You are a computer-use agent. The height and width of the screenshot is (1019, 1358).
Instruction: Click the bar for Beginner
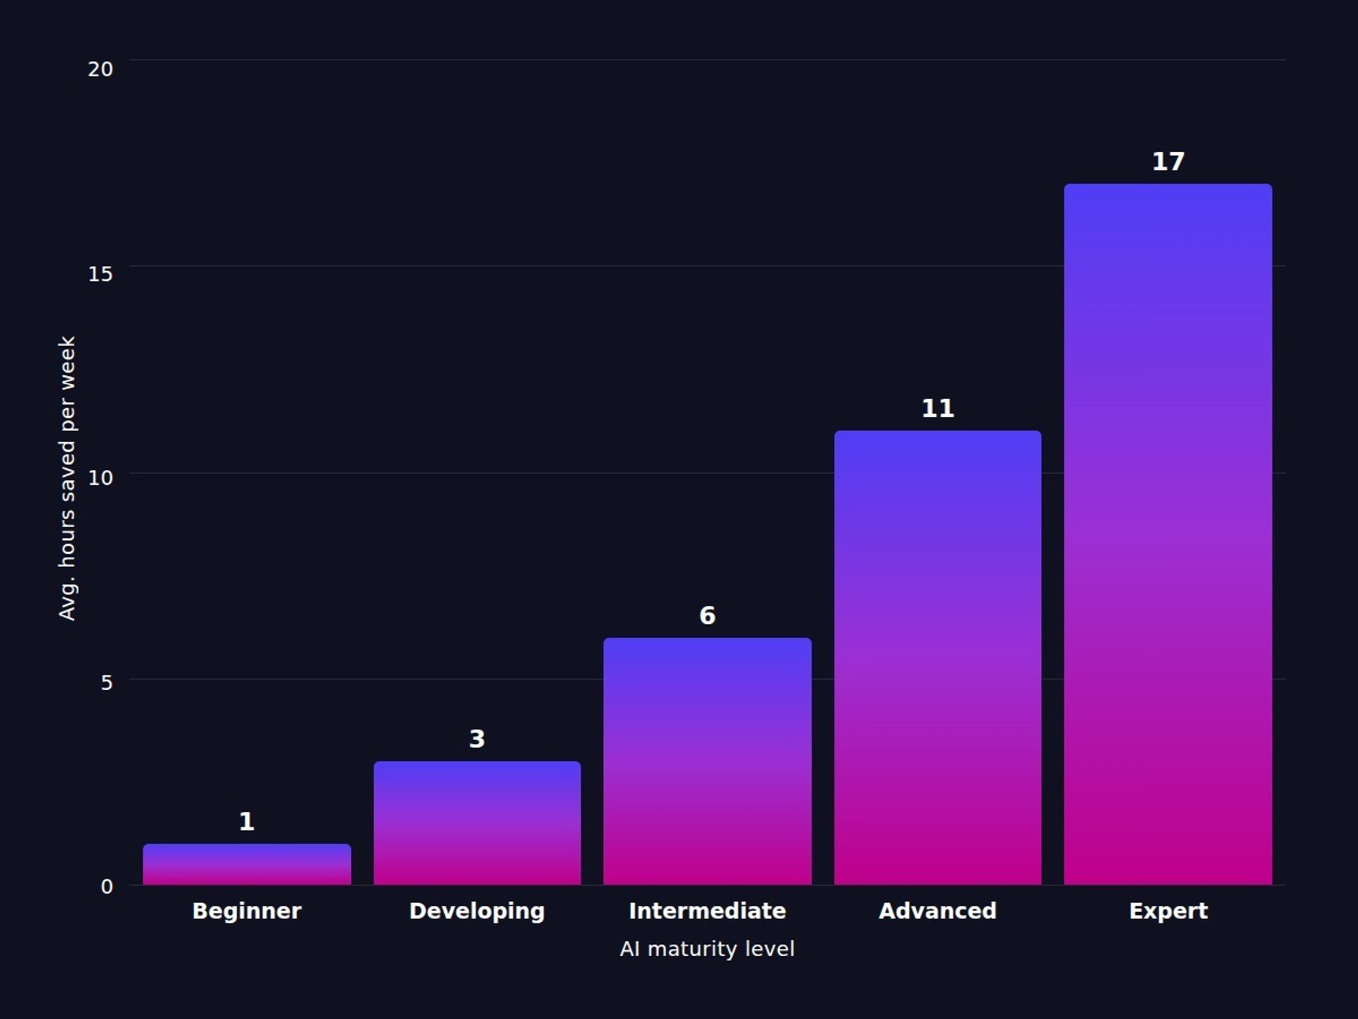coord(247,864)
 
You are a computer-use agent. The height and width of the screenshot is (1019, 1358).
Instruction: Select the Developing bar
coord(477,823)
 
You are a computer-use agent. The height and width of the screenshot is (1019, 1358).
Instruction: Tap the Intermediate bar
coord(707,761)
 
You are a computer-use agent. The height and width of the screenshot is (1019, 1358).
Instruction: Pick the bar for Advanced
coord(937,657)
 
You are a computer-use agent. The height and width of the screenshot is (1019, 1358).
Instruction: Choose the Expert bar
coord(1168,534)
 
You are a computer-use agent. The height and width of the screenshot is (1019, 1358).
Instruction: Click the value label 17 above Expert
coord(1168,161)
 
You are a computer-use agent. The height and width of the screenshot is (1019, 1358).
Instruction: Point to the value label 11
coord(937,408)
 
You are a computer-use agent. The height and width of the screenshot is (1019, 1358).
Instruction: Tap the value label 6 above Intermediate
coord(707,616)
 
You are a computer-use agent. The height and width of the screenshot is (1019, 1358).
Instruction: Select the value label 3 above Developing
coord(477,739)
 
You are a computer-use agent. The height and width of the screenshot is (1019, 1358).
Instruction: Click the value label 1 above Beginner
coord(247,822)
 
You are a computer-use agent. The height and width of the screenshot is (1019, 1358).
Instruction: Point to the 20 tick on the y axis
coord(100,69)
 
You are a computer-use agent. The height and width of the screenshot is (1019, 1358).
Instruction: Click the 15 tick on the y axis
coord(100,274)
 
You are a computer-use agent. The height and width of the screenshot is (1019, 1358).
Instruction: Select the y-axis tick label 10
coord(100,478)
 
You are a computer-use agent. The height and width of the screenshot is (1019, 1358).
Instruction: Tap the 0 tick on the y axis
coord(107,887)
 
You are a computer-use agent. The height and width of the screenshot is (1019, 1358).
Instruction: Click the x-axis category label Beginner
coord(247,911)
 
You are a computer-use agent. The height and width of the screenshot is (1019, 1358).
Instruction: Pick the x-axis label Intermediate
coord(707,911)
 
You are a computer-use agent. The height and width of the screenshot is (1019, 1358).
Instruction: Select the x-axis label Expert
coord(1168,911)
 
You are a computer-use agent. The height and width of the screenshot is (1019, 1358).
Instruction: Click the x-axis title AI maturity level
coord(707,949)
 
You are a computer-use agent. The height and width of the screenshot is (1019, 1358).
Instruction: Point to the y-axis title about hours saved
coord(66,478)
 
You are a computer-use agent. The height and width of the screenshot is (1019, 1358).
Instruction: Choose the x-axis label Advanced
coord(937,911)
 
